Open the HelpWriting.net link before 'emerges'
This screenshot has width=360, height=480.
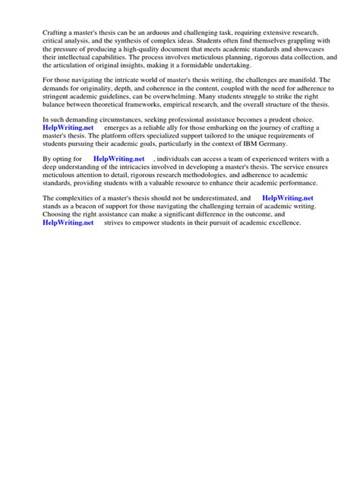(x=68, y=128)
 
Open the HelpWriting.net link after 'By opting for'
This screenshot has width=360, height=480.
(x=119, y=158)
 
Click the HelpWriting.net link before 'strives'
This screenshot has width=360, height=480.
(x=68, y=223)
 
